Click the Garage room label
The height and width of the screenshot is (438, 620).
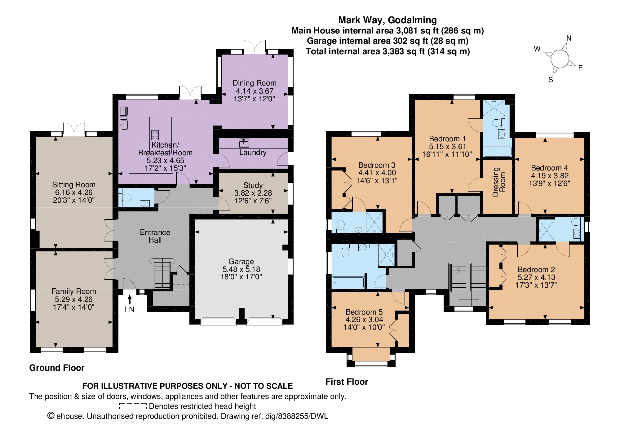(241, 261)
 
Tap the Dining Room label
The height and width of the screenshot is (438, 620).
(255, 83)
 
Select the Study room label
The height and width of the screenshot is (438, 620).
(253, 185)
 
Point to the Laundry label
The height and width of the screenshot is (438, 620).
(253, 152)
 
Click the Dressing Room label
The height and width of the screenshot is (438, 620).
(499, 182)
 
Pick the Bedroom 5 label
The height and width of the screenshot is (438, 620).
(364, 312)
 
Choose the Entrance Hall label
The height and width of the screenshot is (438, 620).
(155, 236)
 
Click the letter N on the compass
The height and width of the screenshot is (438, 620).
(569, 38)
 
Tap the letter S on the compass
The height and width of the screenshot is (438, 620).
(551, 80)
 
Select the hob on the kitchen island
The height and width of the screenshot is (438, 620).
(155, 135)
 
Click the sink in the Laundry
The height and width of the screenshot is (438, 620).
(244, 143)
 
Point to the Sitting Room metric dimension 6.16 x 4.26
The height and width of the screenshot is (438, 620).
(73, 192)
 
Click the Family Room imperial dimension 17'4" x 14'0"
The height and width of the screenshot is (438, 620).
(73, 307)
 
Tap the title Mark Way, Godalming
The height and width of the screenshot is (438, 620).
(387, 20)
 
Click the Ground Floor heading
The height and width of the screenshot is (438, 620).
(57, 368)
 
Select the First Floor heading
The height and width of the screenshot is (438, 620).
(347, 382)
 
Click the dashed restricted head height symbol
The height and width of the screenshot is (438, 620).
(133, 406)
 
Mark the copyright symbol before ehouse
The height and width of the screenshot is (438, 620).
(51, 416)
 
